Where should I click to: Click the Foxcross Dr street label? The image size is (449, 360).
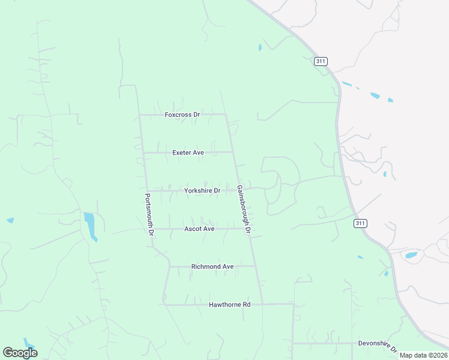coord(182,115)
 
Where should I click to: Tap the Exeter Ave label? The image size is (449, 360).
coord(188,152)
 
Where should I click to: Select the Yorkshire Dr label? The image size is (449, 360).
coord(202,191)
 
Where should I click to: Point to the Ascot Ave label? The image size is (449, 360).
coord(199,229)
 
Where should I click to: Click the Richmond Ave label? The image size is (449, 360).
coord(212,266)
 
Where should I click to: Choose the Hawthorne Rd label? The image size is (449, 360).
coord(229,305)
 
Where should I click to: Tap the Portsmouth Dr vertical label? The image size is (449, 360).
coord(150,214)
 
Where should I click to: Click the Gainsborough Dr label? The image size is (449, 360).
coord(243,208)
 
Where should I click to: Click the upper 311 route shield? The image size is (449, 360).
coord(320,61)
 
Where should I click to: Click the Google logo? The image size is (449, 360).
coord(20,353)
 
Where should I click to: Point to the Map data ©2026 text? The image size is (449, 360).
coord(424,355)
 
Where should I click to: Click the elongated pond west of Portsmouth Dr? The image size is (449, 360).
coord(91,226)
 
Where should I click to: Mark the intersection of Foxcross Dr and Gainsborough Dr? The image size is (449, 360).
coord(225,114)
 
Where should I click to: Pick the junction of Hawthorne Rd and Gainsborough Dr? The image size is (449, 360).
coord(262,304)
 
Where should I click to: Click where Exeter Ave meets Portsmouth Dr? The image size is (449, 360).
coord(143,152)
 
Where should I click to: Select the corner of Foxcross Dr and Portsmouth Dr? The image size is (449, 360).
coord(139,114)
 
